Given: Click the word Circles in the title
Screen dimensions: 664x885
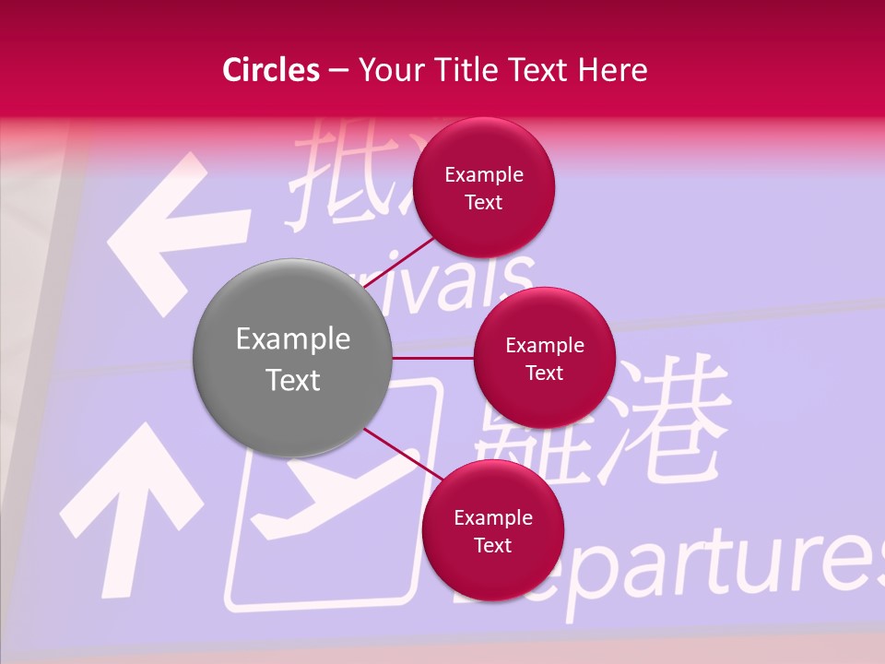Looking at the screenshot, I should (x=270, y=70).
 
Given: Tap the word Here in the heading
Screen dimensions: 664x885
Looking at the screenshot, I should (x=613, y=70).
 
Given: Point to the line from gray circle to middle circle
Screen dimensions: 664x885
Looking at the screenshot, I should (x=433, y=358).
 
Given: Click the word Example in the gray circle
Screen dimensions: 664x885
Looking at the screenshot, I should (x=293, y=339).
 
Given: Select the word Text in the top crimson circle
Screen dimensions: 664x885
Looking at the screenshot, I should (x=484, y=203).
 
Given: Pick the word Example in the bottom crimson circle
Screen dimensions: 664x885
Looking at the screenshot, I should (x=493, y=518).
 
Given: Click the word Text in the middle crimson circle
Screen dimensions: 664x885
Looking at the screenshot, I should (x=544, y=373).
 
